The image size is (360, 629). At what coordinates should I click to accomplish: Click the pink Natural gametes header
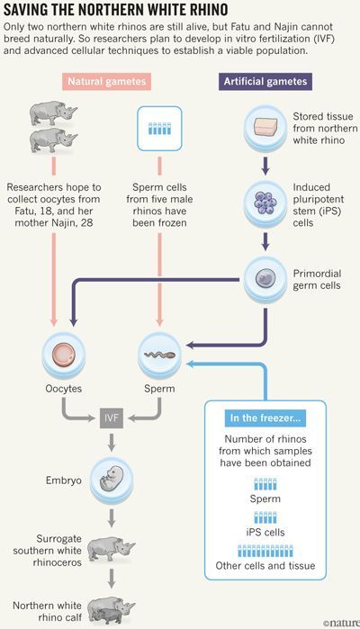[107, 81]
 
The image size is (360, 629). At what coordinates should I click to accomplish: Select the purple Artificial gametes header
[265, 81]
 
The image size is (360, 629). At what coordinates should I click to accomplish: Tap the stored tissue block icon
[265, 128]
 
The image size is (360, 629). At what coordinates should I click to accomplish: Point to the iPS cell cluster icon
[265, 203]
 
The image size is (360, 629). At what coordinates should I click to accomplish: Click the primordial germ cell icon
[265, 278]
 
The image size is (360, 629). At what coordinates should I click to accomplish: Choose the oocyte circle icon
[64, 355]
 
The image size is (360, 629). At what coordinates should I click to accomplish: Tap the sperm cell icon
[159, 355]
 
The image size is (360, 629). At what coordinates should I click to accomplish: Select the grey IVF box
[112, 418]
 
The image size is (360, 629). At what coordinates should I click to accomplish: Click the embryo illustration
[112, 481]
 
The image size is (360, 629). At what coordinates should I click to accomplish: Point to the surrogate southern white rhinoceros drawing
[111, 549]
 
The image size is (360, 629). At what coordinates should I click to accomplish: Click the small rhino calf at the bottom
[107, 616]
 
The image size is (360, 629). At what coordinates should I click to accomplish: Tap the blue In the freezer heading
[265, 418]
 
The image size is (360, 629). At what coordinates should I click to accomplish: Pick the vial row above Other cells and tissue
[265, 551]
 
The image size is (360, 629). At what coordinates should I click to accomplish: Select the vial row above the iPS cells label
[265, 517]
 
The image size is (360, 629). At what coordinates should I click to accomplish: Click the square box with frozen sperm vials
[159, 129]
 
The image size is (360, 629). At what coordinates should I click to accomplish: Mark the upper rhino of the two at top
[53, 113]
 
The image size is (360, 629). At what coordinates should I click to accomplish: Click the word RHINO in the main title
[202, 10]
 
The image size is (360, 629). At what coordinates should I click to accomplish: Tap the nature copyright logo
[341, 623]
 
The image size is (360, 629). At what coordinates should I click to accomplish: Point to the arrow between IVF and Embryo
[112, 443]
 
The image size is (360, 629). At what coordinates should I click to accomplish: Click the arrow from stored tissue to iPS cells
[265, 166]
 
